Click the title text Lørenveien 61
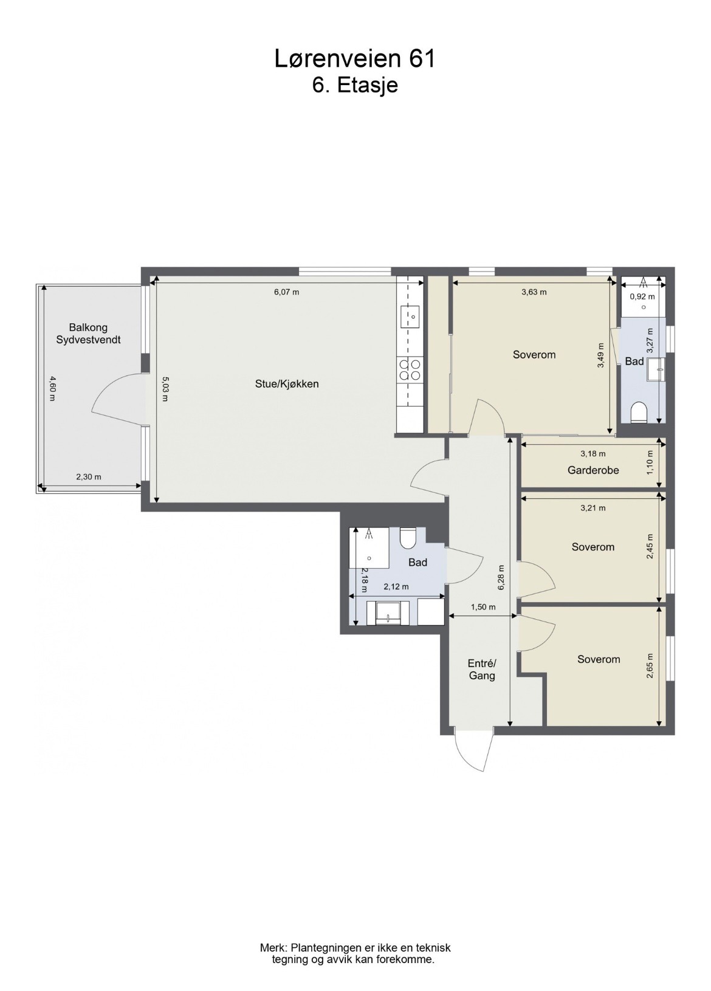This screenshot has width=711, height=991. pos(355,58)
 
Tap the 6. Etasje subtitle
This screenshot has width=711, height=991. pos(355,86)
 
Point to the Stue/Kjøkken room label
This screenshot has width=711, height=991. pos(287,383)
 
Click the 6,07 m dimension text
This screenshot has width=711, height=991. pos(287,292)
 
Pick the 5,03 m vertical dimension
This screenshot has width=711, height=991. pos(165,388)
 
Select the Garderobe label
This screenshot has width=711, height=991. pos(593,470)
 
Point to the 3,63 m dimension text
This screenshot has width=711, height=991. pos(534,292)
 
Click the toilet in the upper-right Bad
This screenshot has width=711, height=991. pos(639,413)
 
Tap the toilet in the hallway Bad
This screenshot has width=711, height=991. pos(408,538)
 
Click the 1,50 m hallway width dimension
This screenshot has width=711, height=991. pos(483,607)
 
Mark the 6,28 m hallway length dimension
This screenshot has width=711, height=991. pos(501,577)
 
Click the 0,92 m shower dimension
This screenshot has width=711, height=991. pos(642,297)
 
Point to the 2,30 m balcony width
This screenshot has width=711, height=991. pos(89,476)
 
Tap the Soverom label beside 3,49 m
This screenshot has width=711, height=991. pos(534,354)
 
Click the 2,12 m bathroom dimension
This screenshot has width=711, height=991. pos(396,586)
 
